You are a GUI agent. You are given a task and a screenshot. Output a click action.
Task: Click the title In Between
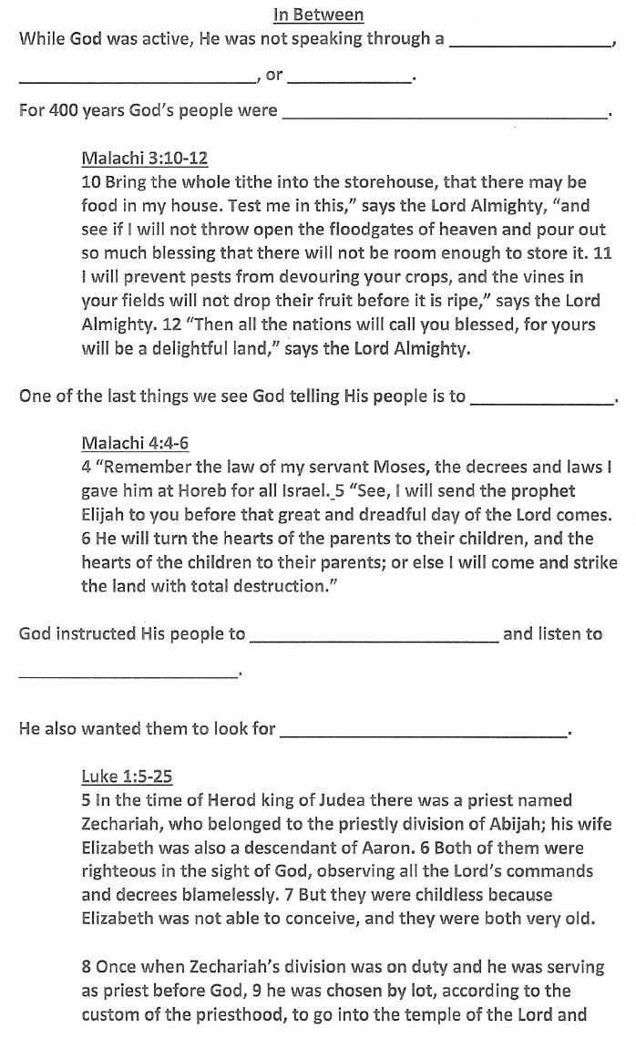318,15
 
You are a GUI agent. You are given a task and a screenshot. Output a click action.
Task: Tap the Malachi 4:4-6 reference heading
134,444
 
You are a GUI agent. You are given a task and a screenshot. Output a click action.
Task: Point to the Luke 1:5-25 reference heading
126,777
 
